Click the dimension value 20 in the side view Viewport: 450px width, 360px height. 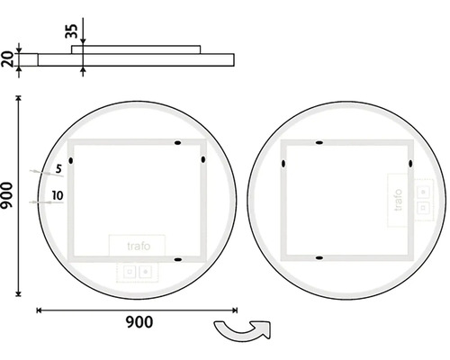pos(7,59)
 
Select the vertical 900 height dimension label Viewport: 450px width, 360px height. pos(6,195)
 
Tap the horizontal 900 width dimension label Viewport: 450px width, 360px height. pos(139,322)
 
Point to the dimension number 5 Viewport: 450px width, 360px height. pos(58,169)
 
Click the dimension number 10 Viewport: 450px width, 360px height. pos(58,195)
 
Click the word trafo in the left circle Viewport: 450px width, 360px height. pos(139,246)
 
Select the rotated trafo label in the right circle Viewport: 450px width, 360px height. pos(398,200)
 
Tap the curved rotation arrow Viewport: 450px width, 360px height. pos(242,330)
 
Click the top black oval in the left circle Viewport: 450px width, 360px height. pos(178,143)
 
